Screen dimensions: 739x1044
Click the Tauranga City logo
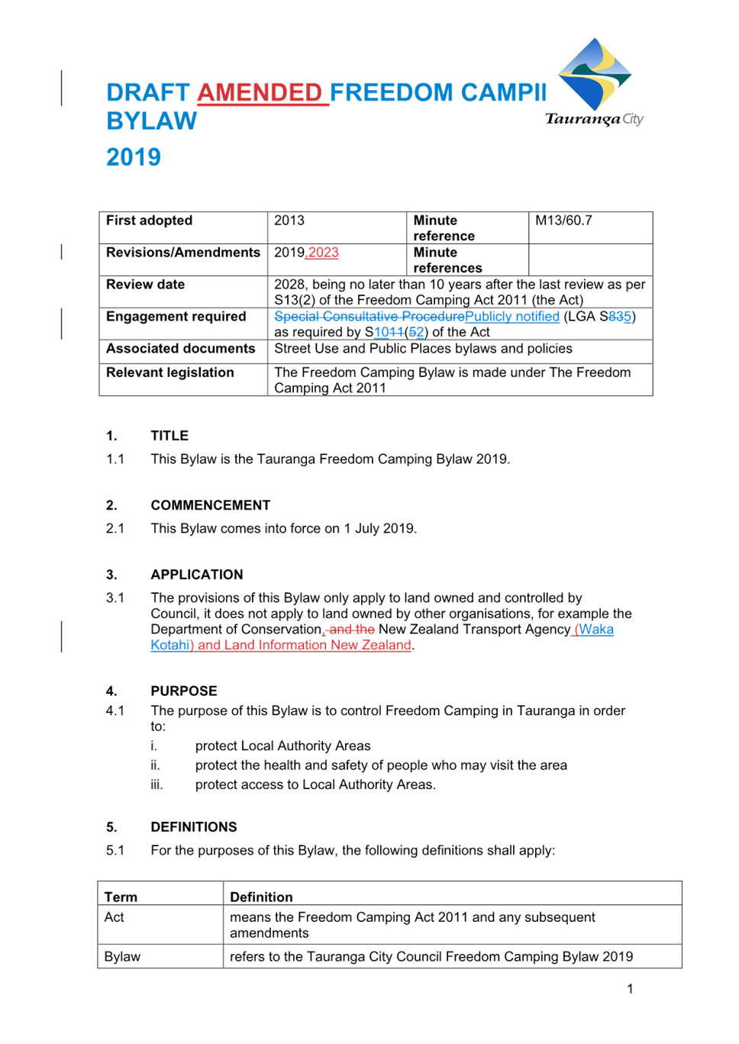coord(595,82)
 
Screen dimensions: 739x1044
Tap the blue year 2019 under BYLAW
coord(134,156)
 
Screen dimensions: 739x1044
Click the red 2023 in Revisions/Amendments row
coord(323,252)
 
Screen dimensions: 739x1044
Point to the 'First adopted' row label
coord(149,220)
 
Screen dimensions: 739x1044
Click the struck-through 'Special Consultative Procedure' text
coord(369,317)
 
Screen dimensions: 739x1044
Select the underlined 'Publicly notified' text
coord(512,317)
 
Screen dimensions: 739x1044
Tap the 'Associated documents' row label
coord(180,349)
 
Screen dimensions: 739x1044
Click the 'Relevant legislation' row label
coord(169,372)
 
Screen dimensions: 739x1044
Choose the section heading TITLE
coord(169,435)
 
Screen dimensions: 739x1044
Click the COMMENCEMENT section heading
coord(210,504)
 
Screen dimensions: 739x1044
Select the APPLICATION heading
coord(197,574)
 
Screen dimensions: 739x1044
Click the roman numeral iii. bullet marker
coord(157,785)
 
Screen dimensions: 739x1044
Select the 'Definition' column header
coord(261,897)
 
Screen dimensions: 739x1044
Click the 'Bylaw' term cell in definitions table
coord(122,956)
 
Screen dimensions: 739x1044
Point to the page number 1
coord(630,988)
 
